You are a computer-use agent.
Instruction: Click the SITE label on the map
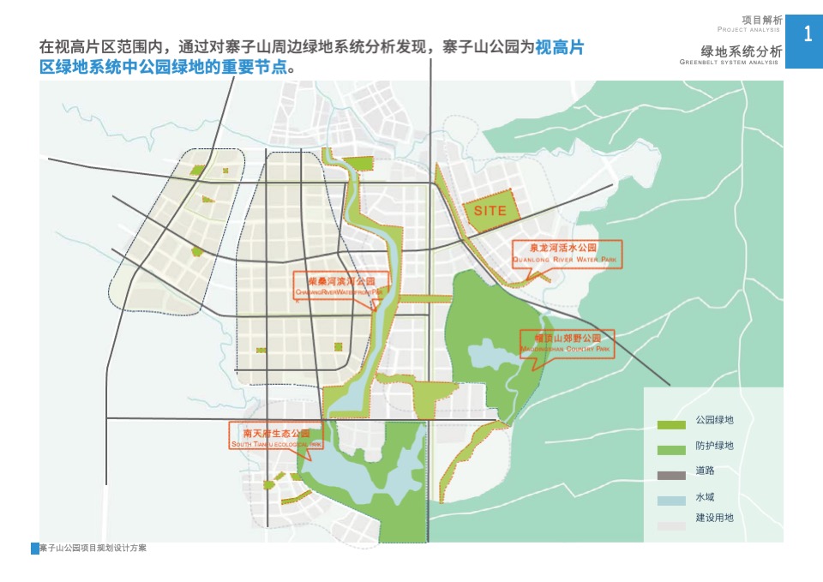(485, 210)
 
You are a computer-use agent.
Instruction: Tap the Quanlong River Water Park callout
(566, 253)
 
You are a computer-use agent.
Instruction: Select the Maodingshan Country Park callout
(567, 344)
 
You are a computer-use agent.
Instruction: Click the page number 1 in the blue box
(807, 34)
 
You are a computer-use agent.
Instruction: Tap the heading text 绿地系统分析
(741, 51)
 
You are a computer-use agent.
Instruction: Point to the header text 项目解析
(761, 19)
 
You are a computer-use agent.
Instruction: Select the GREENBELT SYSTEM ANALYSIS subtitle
(730, 63)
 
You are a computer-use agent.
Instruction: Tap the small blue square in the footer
(34, 549)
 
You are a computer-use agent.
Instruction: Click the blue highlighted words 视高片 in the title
(560, 47)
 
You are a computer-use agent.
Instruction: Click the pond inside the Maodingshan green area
(486, 352)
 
